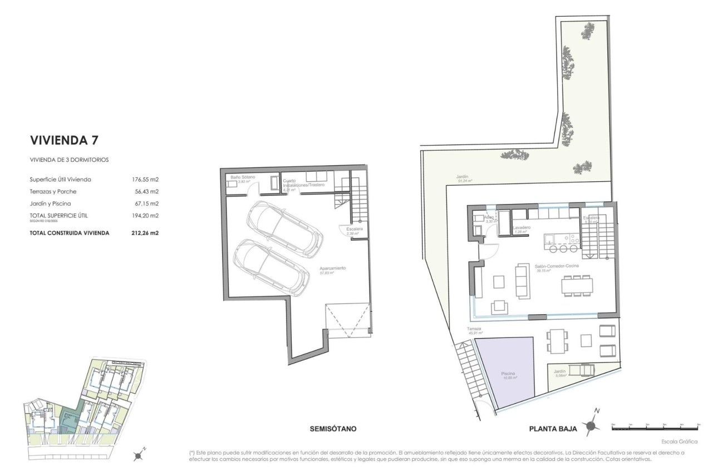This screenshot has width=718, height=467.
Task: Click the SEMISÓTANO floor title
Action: click(332, 429)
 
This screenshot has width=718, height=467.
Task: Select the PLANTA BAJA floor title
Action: click(553, 429)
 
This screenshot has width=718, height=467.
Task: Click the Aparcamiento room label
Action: click(333, 268)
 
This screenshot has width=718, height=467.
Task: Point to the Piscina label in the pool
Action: click(508, 374)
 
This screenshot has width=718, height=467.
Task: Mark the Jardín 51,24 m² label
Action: click(464, 176)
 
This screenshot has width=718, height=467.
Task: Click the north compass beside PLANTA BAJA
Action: click(592, 425)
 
